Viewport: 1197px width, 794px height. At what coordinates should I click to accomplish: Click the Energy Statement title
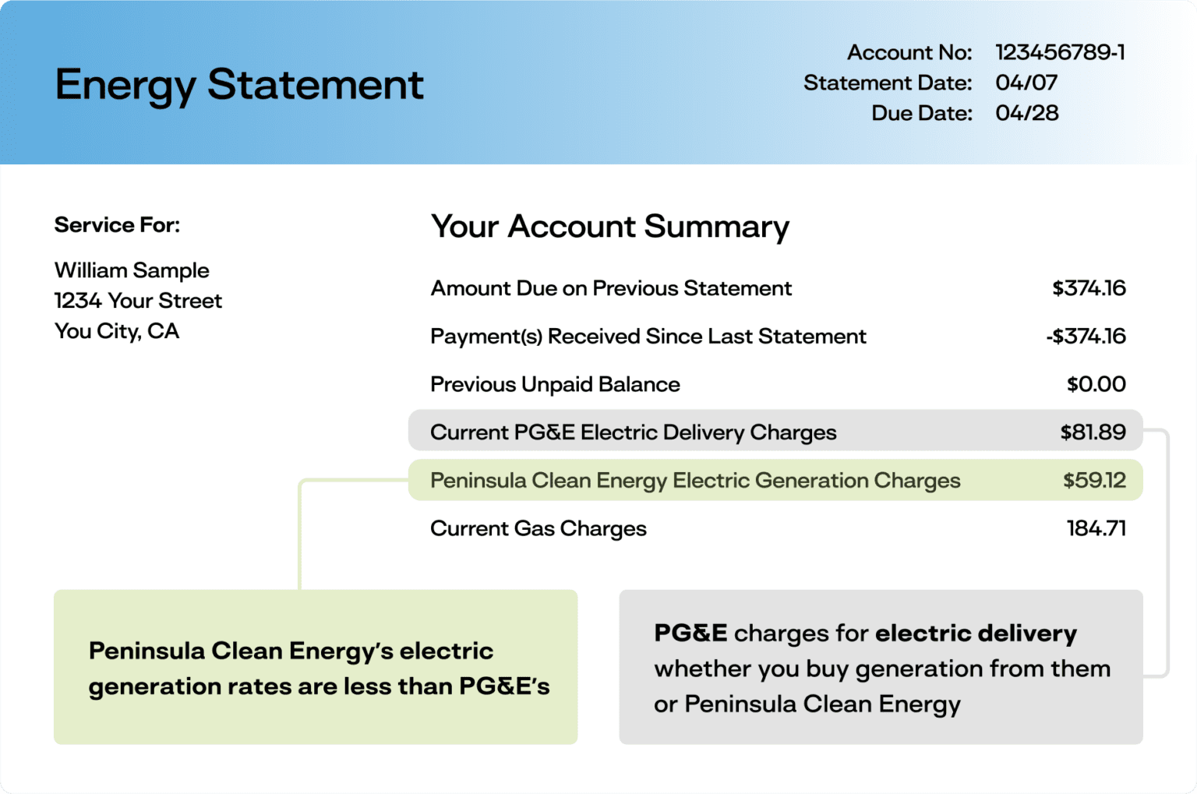coord(239,85)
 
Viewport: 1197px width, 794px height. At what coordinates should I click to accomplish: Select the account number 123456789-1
coord(1060,52)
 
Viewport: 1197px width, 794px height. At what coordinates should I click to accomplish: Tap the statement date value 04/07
coord(1026,83)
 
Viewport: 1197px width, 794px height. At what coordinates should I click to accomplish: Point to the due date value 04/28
coord(1026,113)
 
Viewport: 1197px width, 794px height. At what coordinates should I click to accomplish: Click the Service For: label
coord(117,225)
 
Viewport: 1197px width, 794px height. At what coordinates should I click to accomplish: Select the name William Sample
coord(132,270)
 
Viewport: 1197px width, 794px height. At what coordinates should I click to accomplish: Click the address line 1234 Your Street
coord(138,301)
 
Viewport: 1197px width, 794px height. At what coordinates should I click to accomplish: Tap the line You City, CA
coord(117,331)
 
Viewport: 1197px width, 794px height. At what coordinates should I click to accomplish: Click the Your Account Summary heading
coord(609,227)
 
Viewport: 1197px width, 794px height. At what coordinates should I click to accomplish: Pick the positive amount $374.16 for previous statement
coord(1089,288)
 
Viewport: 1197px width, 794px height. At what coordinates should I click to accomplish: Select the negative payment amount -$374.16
coord(1086,337)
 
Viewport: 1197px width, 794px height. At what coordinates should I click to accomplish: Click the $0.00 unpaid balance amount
coord(1096,384)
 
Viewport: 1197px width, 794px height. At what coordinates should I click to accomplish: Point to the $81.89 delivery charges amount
coord(1093,432)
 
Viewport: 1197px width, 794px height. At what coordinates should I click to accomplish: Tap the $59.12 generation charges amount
coord(1094,480)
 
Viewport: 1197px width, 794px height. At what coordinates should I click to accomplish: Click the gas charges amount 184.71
coord(1096,528)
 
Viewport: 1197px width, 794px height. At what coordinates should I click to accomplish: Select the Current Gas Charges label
coord(538,528)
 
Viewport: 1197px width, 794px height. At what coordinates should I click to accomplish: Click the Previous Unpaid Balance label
coord(555,384)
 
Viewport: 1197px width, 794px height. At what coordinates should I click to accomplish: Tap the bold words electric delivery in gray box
coord(976,633)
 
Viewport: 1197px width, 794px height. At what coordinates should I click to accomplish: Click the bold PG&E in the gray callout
coord(690,633)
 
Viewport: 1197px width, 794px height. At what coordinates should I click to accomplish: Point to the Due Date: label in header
coord(921,113)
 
